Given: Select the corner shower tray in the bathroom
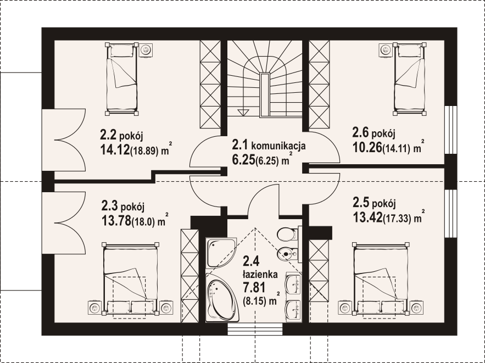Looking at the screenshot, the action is click(x=220, y=252).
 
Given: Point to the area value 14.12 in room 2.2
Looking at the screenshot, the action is click(x=115, y=150).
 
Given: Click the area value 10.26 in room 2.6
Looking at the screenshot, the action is click(x=367, y=148).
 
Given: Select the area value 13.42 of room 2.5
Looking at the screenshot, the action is click(x=367, y=217).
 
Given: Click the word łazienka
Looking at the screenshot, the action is click(x=260, y=274).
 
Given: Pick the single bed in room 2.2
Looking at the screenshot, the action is click(x=121, y=79).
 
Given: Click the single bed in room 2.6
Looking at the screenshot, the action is click(x=410, y=79).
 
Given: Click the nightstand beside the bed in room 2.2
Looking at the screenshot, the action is click(x=146, y=49).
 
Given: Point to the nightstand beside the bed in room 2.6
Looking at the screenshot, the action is click(x=386, y=49).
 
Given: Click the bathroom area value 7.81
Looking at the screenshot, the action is click(x=254, y=288).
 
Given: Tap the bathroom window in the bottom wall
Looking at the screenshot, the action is click(x=255, y=329).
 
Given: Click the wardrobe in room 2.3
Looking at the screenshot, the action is click(x=189, y=276).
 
